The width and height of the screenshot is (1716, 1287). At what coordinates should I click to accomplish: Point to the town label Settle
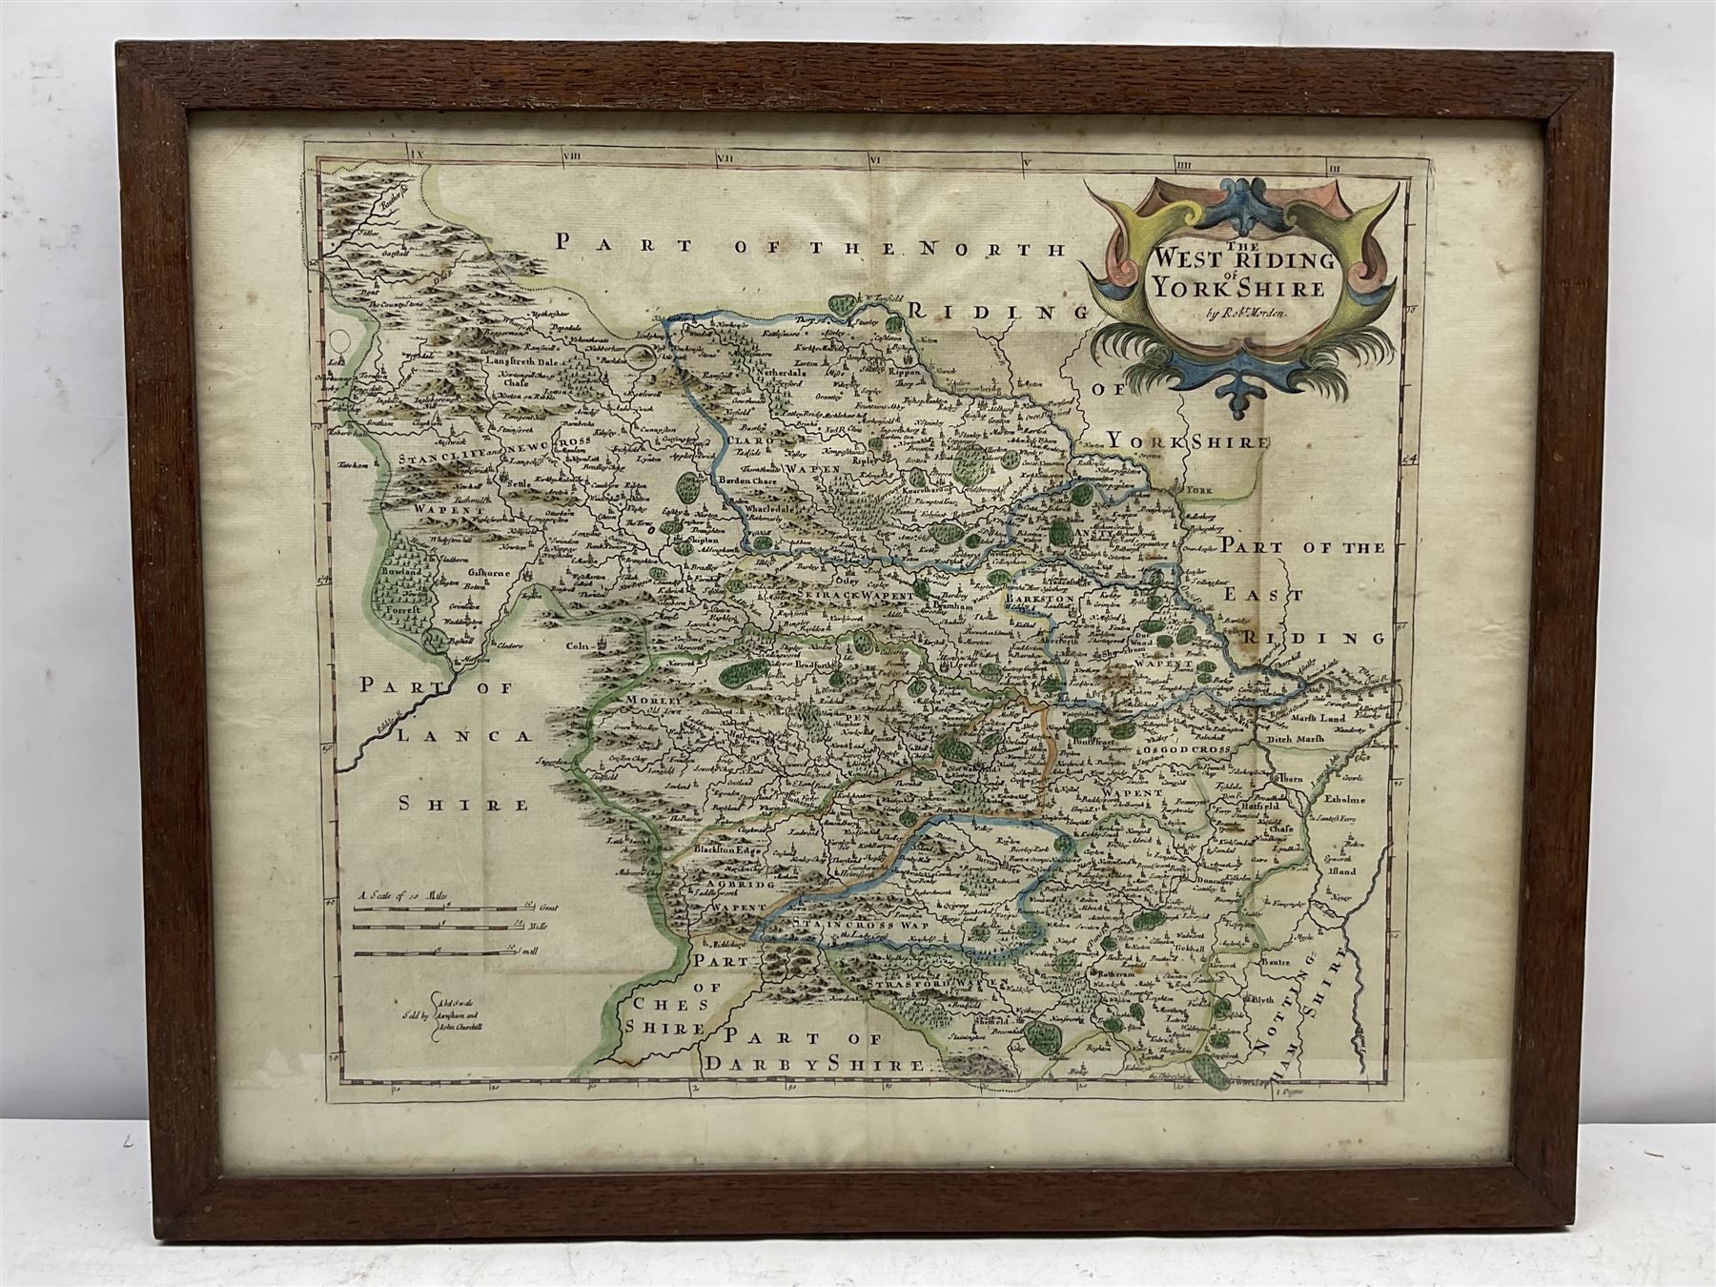pyautogui.click(x=521, y=483)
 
